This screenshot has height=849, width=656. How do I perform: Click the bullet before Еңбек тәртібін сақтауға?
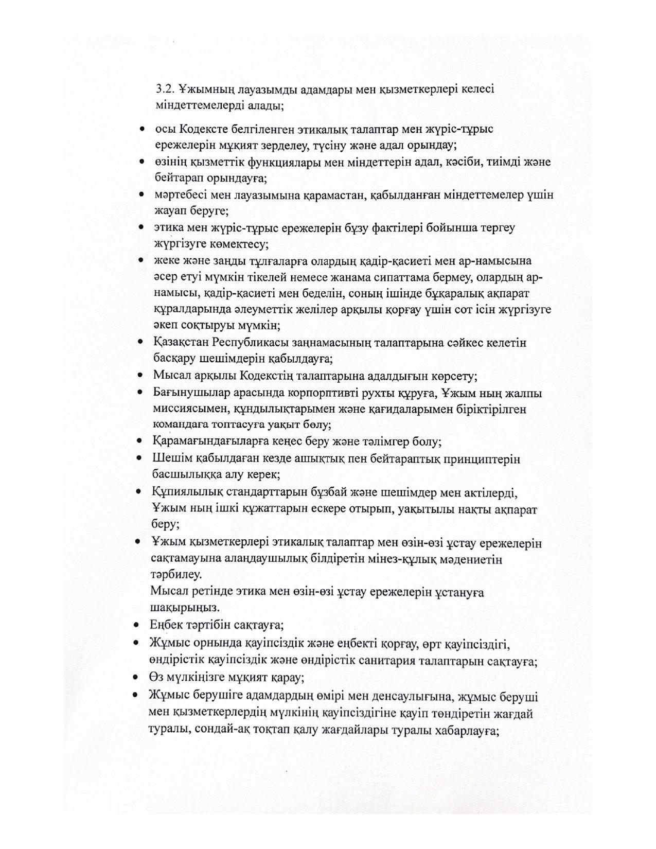(x=136, y=625)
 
